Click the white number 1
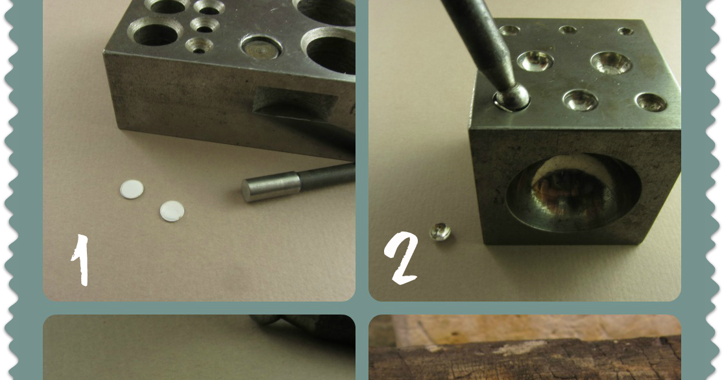point(81,260)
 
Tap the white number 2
point(401,257)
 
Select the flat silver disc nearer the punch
point(172,211)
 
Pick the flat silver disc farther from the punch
point(132,189)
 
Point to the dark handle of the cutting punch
point(326,177)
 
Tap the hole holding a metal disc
point(261,47)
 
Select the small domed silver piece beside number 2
point(440,232)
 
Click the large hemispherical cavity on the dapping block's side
point(573,192)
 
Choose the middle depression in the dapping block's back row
point(568,30)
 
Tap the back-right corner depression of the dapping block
point(625,31)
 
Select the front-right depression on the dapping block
point(651,102)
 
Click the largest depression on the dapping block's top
point(611,62)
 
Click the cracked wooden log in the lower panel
point(525,360)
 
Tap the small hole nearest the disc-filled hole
point(199,45)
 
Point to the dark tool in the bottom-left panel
point(305,326)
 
